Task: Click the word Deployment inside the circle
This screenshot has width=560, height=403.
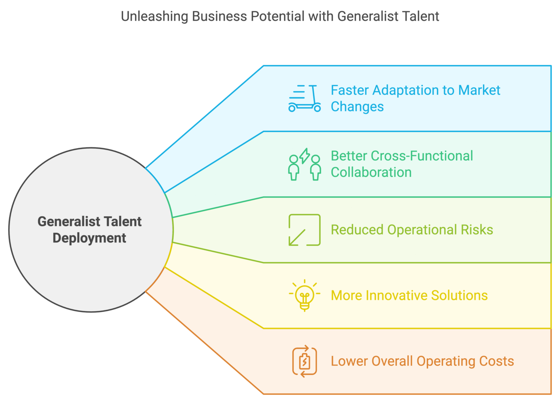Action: (89, 238)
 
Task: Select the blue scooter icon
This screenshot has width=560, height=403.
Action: (304, 98)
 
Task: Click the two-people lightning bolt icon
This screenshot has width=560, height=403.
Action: (304, 164)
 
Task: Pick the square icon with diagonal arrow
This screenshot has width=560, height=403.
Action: (304, 230)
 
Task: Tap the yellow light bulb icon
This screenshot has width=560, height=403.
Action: (304, 295)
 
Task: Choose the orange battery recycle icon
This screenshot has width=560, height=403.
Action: (304, 361)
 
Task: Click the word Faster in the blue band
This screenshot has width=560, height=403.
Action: (349, 90)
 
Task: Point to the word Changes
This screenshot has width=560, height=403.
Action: (357, 107)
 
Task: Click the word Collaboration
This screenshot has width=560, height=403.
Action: (371, 172)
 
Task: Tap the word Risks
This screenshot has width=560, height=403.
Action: (477, 230)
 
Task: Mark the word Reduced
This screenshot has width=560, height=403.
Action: (357, 230)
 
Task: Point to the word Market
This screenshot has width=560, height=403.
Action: (479, 90)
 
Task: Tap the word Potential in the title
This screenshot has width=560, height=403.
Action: (277, 16)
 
